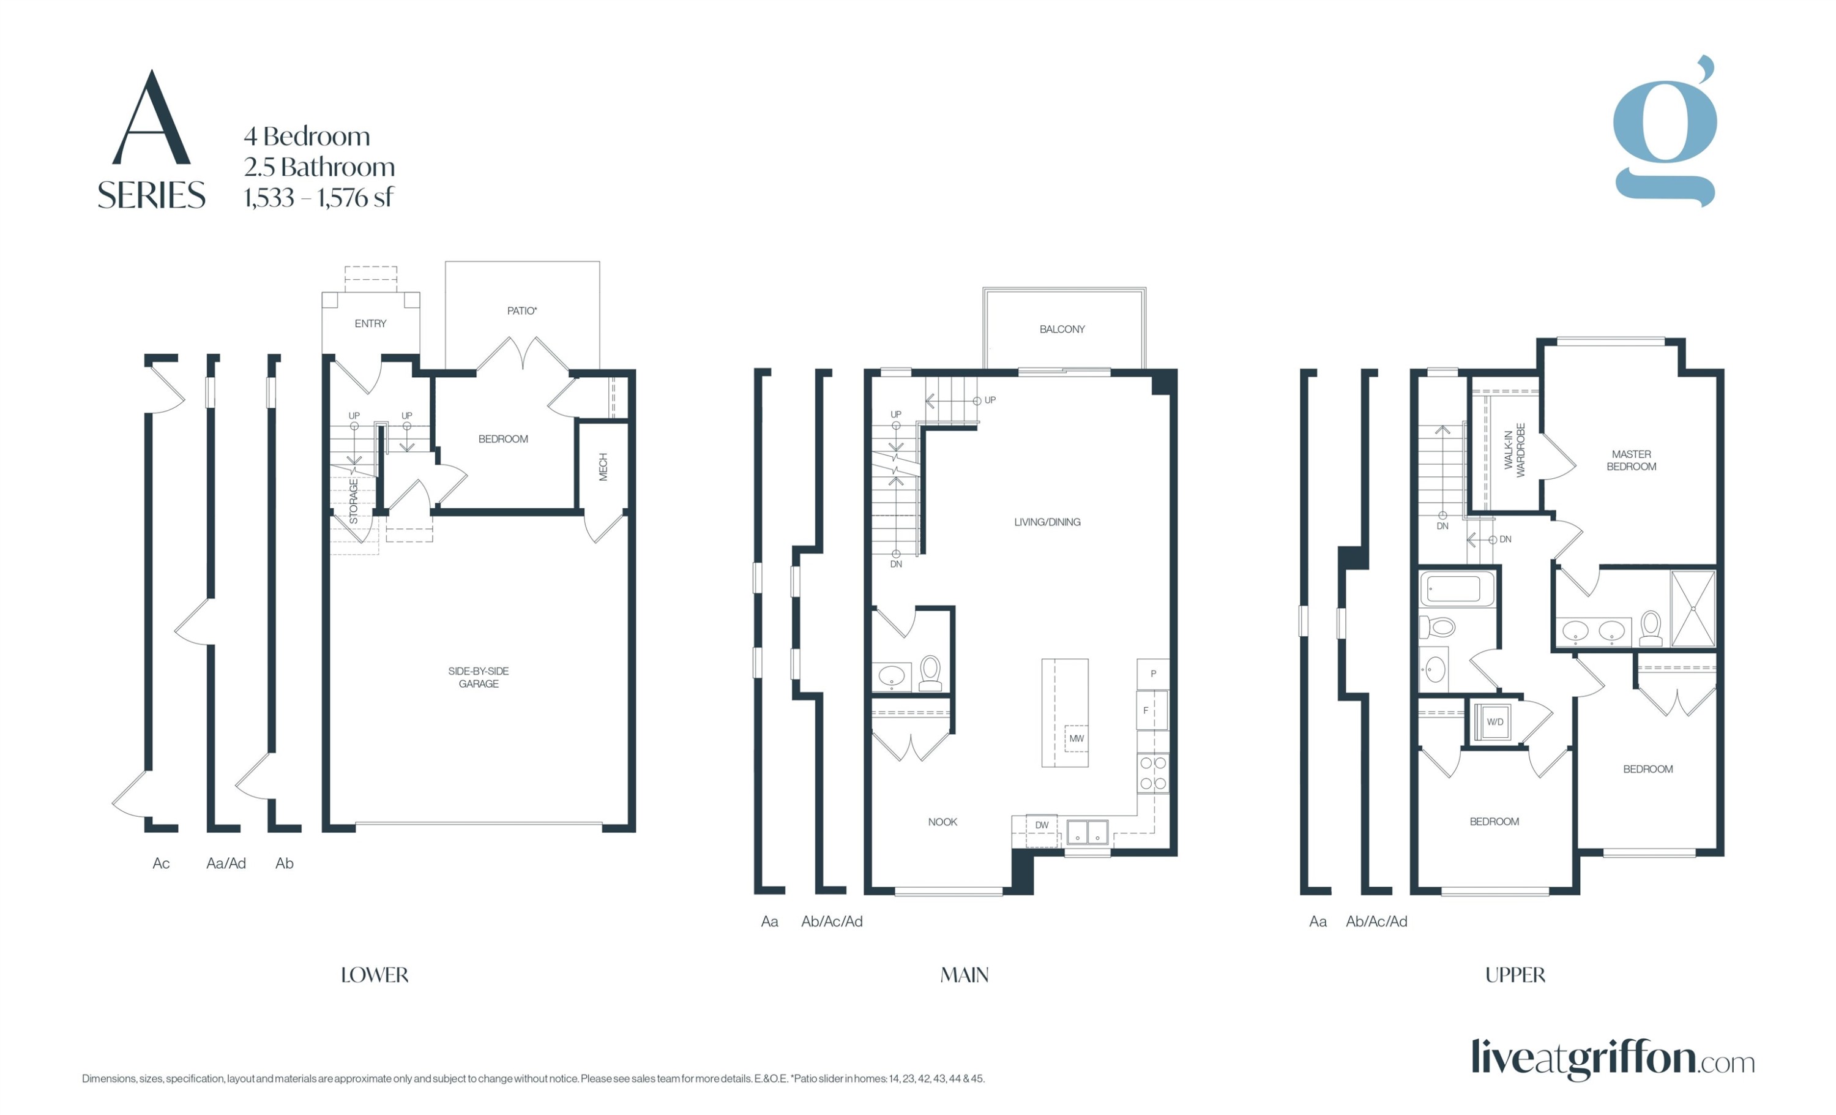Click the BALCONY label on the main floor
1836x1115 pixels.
coord(1062,329)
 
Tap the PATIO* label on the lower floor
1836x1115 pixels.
coord(521,311)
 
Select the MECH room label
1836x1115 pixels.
coord(603,467)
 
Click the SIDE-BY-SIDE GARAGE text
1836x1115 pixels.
coord(479,677)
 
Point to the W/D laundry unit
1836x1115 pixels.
coord(1495,721)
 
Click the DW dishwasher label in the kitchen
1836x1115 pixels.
coord(1042,825)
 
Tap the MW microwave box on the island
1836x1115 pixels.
coord(1076,738)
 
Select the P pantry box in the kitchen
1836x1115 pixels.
coord(1153,674)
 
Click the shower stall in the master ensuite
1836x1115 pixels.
coord(1693,609)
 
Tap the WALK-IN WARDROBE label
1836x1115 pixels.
coord(1514,450)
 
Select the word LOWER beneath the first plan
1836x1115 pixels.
coord(374,975)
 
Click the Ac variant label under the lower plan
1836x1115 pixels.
coord(161,863)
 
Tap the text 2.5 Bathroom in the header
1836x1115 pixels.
coord(319,167)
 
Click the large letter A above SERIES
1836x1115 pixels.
coord(151,119)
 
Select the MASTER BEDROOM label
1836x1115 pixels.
coord(1631,460)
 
